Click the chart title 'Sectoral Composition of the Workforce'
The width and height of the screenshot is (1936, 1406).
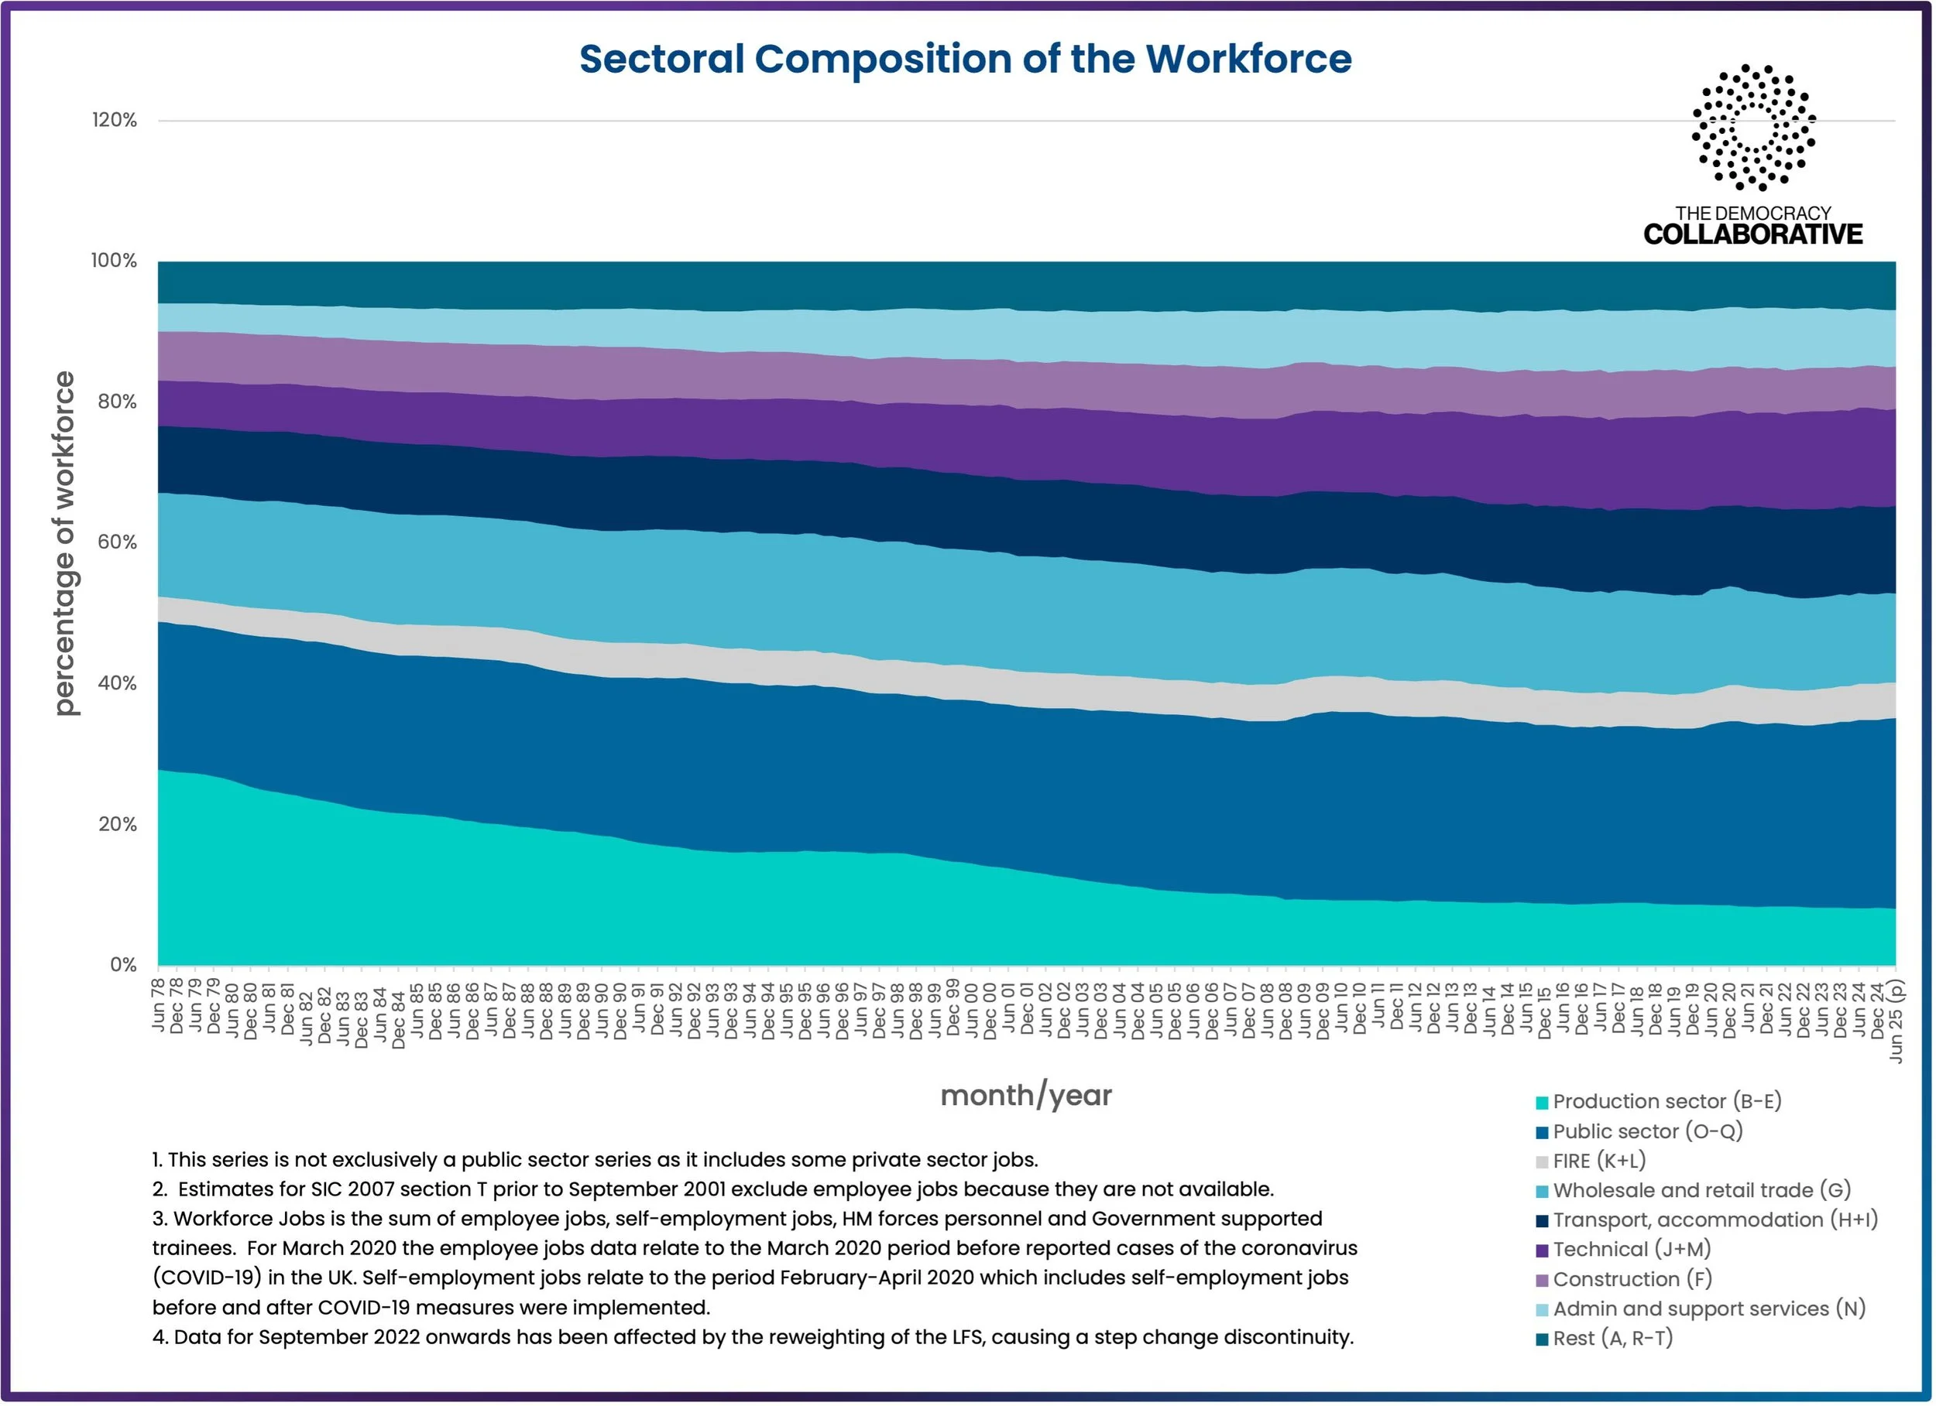[966, 59]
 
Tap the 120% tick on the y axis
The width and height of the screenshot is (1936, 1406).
[115, 120]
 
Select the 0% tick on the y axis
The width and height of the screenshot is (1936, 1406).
[124, 965]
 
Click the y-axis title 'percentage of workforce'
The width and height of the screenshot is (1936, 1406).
[64, 542]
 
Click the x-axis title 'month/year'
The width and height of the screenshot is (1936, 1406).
[1026, 1096]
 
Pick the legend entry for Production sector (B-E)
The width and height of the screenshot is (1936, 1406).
[1659, 1101]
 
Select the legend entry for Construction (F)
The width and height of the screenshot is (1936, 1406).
[1624, 1280]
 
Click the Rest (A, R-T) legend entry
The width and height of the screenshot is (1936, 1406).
[1604, 1339]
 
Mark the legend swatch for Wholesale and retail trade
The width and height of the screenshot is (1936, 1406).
[1542, 1192]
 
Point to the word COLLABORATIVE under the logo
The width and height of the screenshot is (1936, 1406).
[1753, 234]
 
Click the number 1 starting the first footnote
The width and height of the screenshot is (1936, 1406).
[157, 1160]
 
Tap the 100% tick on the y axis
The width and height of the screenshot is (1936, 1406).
[115, 261]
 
